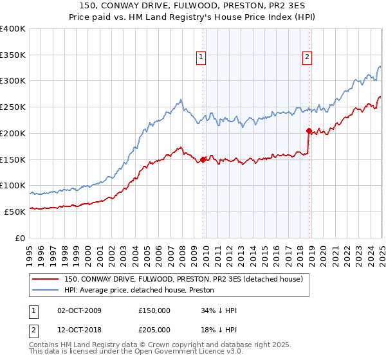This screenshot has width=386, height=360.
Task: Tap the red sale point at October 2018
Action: pyautogui.click(x=309, y=130)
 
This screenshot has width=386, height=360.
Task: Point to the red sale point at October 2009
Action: pyautogui.click(x=203, y=159)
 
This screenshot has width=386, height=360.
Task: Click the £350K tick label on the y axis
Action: pyautogui.click(x=14, y=55)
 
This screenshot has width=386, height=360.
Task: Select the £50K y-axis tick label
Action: pyautogui.click(x=15, y=212)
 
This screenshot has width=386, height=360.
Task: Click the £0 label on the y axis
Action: pyautogui.click(x=21, y=238)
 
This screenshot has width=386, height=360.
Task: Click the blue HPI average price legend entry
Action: pyautogui.click(x=142, y=289)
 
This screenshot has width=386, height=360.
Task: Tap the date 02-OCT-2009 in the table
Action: pyautogui.click(x=79, y=310)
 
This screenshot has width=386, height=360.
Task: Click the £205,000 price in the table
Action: pyautogui.click(x=154, y=329)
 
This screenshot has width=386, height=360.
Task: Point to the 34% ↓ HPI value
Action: pyautogui.click(x=219, y=310)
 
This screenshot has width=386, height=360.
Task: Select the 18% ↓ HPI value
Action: pyautogui.click(x=219, y=329)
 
